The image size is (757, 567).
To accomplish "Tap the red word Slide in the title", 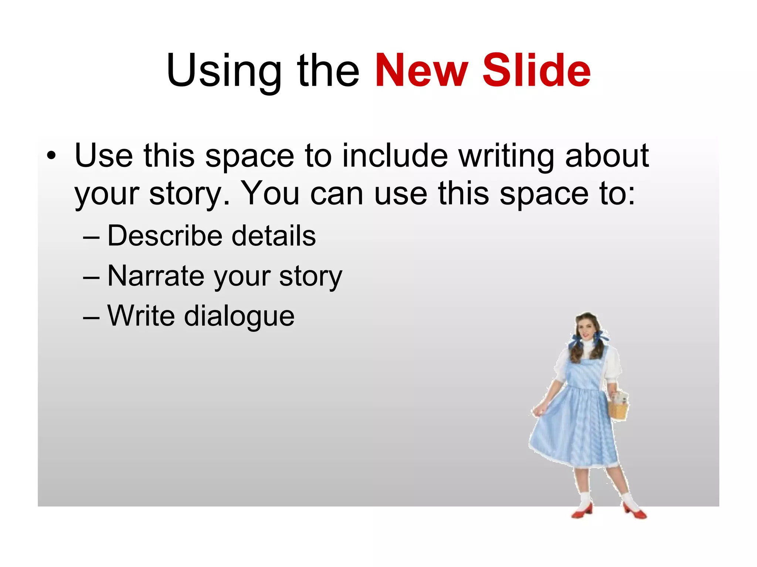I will tap(537, 71).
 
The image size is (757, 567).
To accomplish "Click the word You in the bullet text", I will tap(270, 193).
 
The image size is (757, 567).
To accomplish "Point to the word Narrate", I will tap(156, 276).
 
